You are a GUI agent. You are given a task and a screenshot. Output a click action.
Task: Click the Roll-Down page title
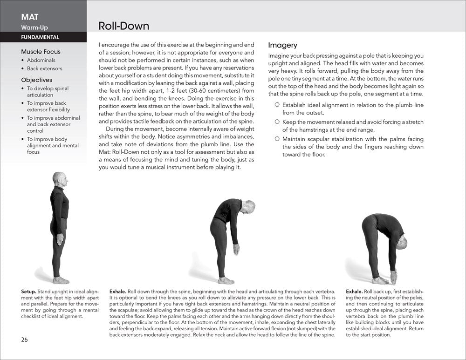pos(124,26)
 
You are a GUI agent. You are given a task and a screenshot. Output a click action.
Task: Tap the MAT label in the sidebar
pos(30,17)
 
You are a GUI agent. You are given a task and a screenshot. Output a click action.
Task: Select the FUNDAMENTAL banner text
pos(40,37)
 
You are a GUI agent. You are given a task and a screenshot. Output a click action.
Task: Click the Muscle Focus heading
pos(41,52)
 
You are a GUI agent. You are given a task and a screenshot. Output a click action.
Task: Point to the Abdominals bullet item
pos(41,60)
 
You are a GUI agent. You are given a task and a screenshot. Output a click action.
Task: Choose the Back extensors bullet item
pos(44,68)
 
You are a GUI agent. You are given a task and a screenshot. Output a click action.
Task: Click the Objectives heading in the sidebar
pos(37,80)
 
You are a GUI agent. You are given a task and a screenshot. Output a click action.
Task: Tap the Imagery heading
pos(282,45)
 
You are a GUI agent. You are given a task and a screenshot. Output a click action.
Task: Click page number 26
pos(24,340)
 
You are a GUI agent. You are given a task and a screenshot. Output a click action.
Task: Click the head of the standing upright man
pos(61,179)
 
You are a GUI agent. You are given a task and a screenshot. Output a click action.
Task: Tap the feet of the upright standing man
pos(61,280)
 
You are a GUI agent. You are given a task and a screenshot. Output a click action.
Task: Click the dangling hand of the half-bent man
pos(237,249)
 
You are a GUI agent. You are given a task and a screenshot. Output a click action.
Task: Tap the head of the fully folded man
pos(402,242)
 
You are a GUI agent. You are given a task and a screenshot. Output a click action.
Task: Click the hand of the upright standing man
pos(60,239)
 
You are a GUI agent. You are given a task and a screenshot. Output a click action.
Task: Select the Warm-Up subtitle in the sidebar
pos(34,27)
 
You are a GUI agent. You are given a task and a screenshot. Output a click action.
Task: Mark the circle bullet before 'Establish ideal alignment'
pos(277,105)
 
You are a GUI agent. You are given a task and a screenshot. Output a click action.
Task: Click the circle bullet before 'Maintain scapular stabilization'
pos(277,139)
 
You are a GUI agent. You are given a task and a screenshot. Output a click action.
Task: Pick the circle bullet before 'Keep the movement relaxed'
pos(277,122)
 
